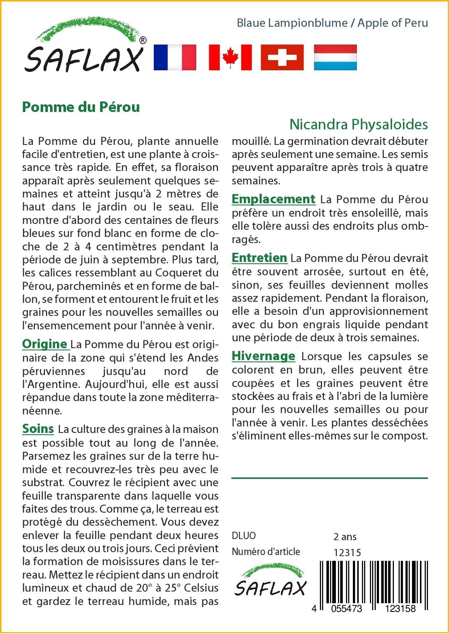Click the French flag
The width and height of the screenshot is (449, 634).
[x=175, y=57]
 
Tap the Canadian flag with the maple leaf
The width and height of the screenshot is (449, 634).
[x=230, y=57]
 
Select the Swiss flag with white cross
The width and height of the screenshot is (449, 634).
[x=282, y=57]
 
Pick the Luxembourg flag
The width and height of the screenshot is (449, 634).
[x=335, y=57]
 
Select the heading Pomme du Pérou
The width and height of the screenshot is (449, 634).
[x=81, y=107]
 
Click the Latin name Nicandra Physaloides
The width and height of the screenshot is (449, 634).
[x=358, y=124]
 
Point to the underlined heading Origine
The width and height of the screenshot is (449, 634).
[x=45, y=344]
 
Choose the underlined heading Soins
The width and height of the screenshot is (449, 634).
[x=38, y=429]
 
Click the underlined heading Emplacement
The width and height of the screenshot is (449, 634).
[x=273, y=199]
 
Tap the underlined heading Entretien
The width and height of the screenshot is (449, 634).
[x=259, y=258]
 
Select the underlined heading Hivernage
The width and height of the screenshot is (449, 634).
[x=263, y=356]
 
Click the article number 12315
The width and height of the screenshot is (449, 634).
[x=347, y=552]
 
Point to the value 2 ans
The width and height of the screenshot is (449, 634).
[x=345, y=537]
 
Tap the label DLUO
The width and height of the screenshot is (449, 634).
[x=244, y=536]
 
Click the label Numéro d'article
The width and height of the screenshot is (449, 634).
[x=266, y=552]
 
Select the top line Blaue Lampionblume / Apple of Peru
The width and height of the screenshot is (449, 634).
[x=332, y=23]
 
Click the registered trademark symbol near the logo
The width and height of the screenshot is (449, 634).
[x=143, y=40]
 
